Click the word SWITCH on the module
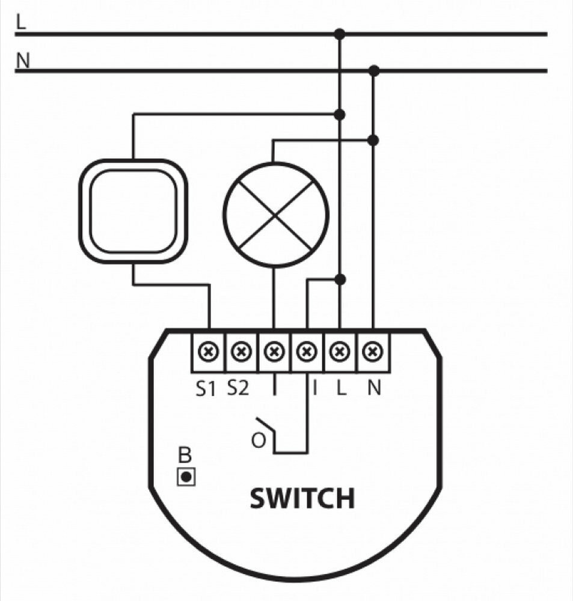pos(302,498)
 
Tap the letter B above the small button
pos(185,456)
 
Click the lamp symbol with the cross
pos(276,215)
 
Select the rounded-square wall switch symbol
pos(133,211)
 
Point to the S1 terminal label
pos(205,389)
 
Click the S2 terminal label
pos(238,388)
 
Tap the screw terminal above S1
pos(209,350)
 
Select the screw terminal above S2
pos(241,350)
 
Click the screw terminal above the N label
pos(373,350)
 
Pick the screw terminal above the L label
pos(340,350)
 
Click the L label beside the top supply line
pos(22,23)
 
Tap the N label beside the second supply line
pos(23,60)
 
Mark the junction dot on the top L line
pos(340,34)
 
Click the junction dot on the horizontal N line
pos(374,71)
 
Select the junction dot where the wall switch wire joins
pos(340,114)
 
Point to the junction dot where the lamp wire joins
pos(373,140)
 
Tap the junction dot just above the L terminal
pos(340,279)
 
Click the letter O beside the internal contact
pos(258,441)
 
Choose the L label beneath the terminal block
pos(341,389)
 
